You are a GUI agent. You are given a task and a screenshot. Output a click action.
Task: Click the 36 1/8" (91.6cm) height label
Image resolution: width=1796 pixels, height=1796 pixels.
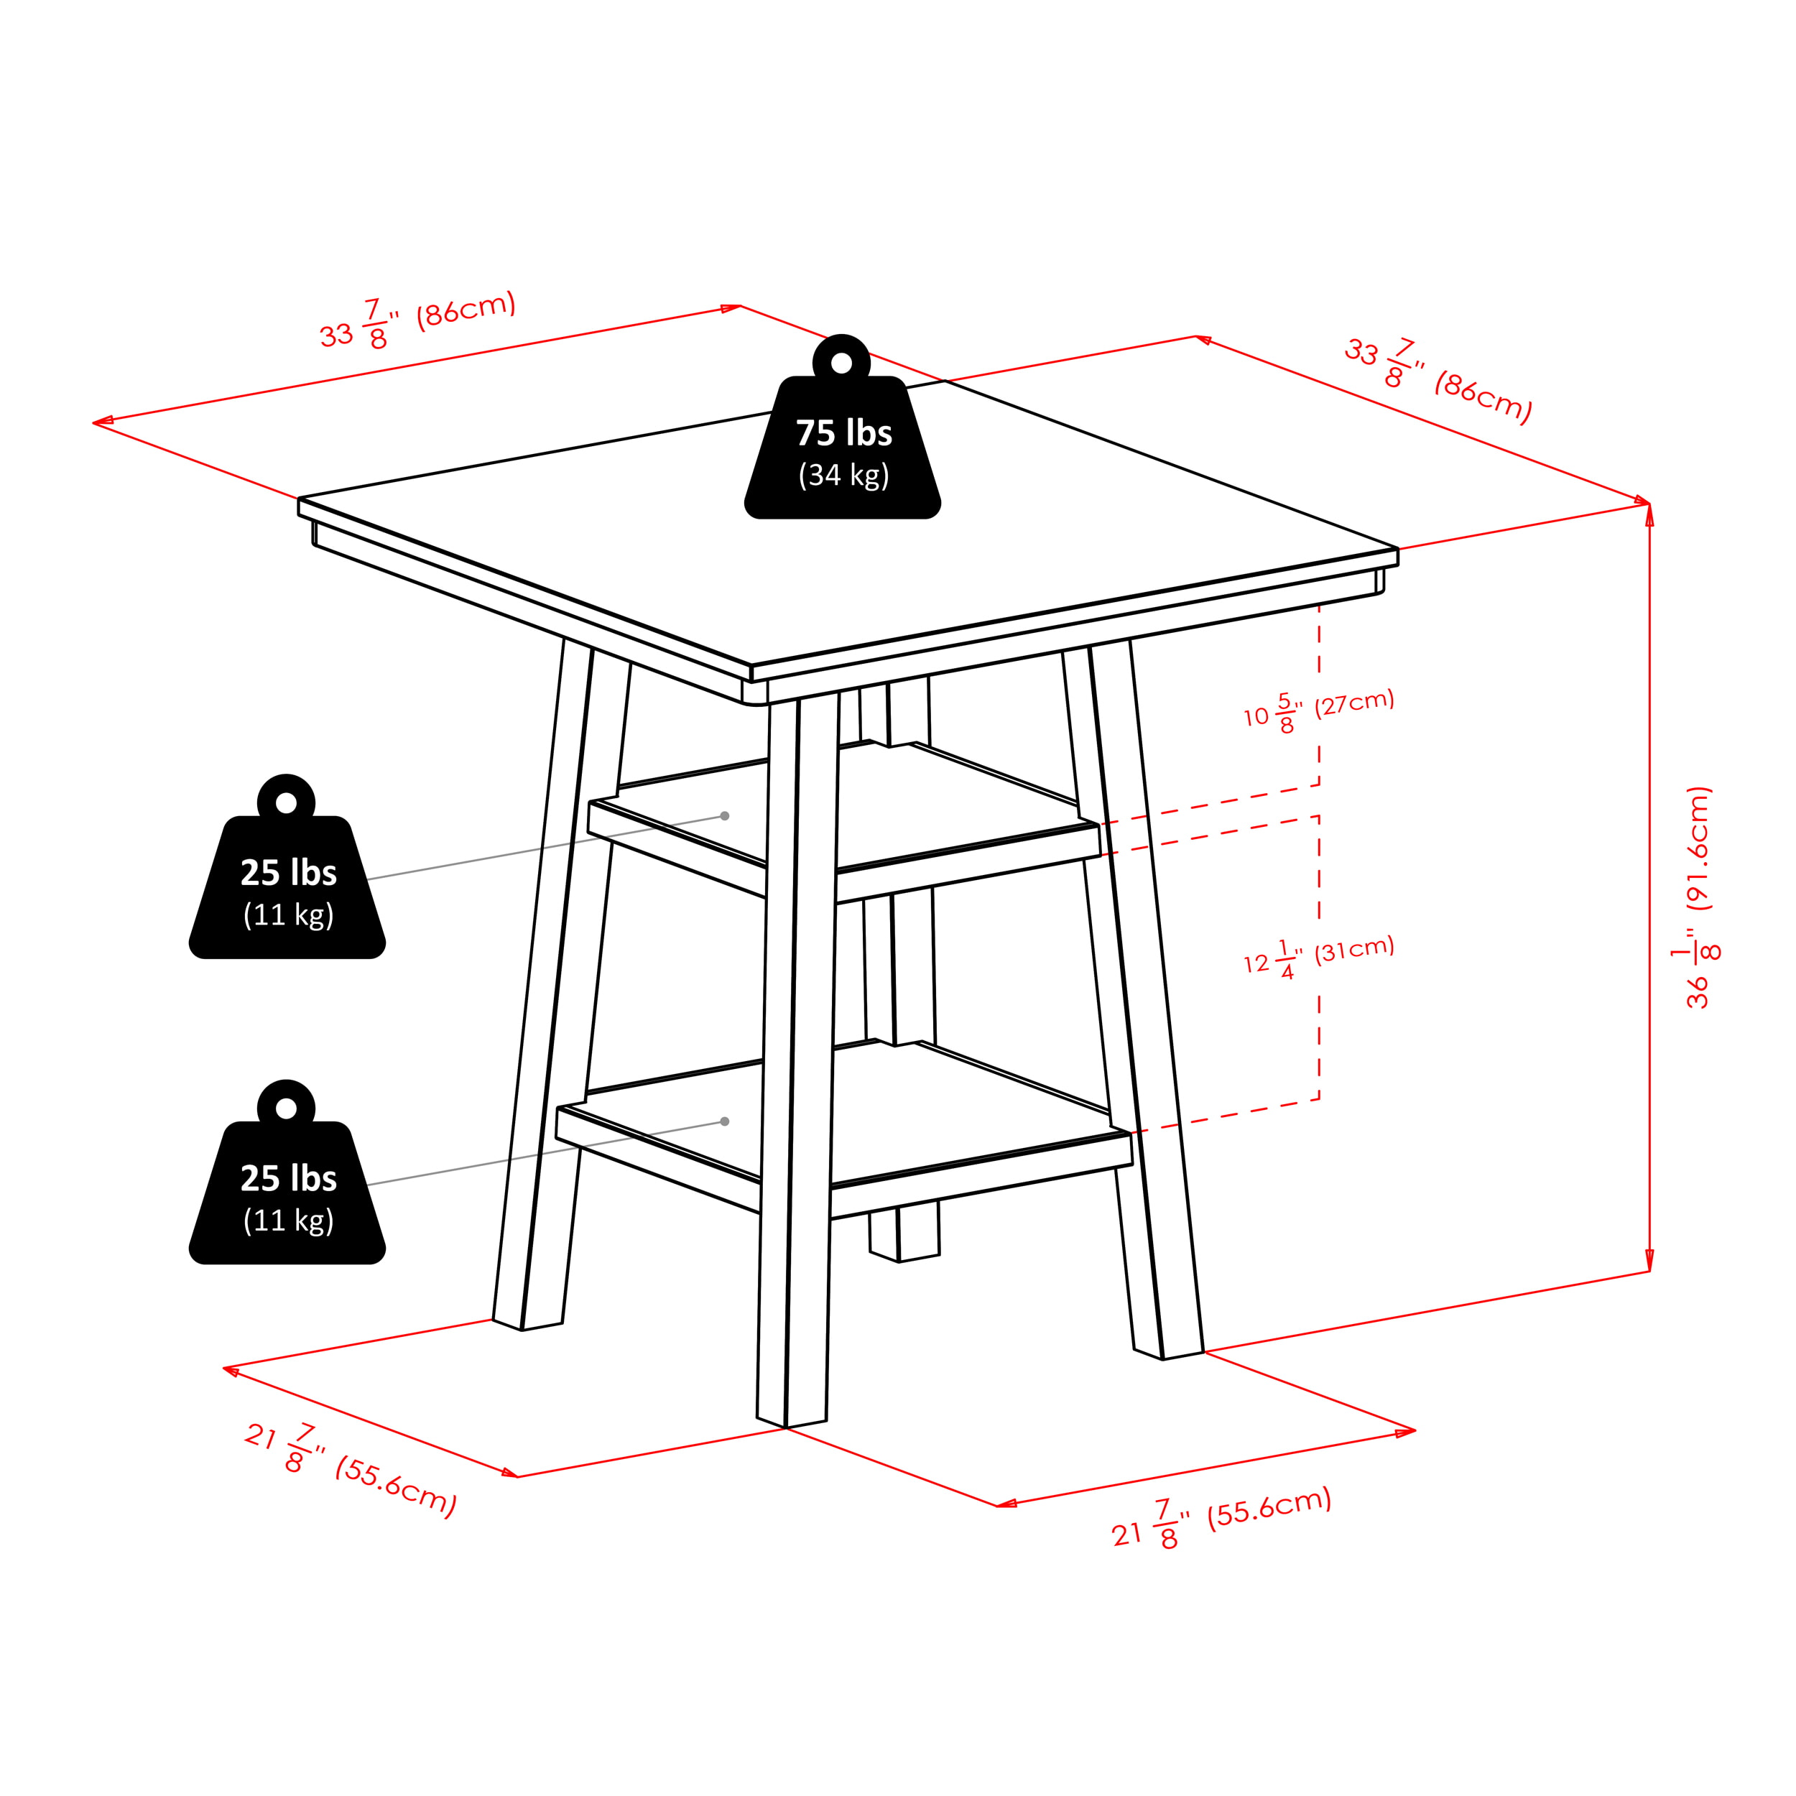1699,897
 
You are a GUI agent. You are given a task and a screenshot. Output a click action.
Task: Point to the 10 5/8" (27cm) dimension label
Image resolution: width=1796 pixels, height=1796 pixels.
1319,711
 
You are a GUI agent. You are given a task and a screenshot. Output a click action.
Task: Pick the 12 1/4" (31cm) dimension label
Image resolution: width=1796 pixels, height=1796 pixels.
1319,958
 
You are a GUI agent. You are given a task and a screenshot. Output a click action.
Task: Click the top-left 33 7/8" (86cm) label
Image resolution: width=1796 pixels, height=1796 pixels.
417,322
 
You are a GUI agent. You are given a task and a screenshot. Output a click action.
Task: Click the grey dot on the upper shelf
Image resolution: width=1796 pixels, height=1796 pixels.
725,816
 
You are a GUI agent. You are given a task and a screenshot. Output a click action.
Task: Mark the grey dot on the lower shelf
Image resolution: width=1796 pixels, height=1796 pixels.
725,1121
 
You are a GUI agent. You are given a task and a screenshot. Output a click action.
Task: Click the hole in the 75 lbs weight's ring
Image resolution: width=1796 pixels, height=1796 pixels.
841,364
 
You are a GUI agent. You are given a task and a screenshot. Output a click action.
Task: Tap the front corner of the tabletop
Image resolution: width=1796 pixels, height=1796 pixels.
751,667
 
